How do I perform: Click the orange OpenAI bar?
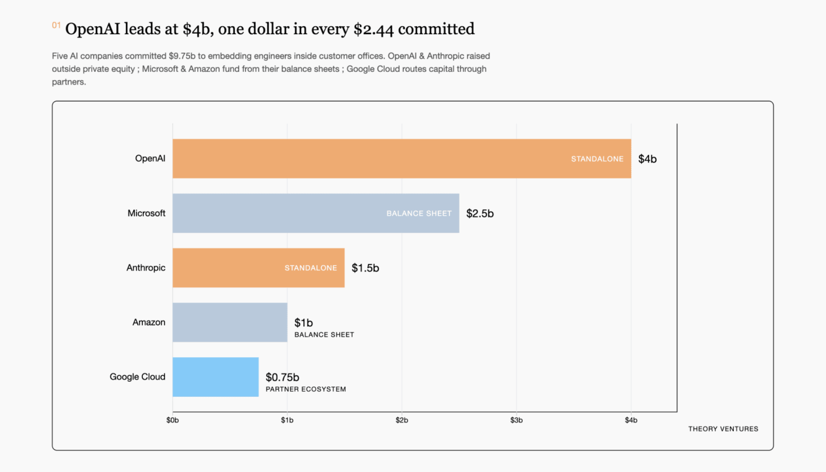[402, 159]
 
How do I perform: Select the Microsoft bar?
[316, 213]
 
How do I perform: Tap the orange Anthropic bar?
[259, 268]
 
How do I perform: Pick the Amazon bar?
[230, 322]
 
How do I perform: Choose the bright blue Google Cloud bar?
[216, 377]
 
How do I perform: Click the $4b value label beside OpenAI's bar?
[647, 159]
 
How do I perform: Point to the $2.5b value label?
[480, 213]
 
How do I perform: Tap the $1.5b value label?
[365, 268]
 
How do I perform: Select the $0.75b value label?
[282, 377]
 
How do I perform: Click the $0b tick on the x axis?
[172, 420]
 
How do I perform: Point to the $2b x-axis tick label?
[401, 420]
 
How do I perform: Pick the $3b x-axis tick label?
[516, 420]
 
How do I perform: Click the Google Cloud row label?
[137, 377]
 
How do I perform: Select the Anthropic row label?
[146, 268]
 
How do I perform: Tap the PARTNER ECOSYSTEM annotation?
[306, 389]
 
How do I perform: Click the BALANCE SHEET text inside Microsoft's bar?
[419, 213]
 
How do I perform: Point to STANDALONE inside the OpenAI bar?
[597, 159]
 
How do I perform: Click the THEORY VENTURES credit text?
[723, 429]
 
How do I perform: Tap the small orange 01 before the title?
[56, 25]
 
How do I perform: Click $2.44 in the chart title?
[373, 29]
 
